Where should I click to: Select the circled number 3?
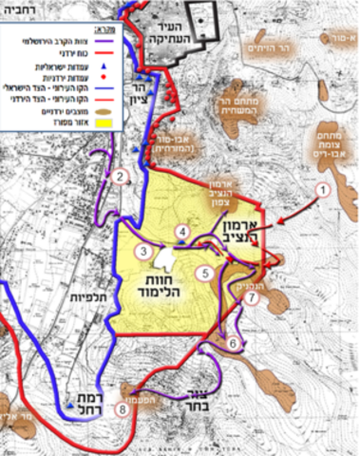click(x=142, y=251)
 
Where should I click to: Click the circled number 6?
click(x=233, y=342)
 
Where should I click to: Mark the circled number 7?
click(x=251, y=297)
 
